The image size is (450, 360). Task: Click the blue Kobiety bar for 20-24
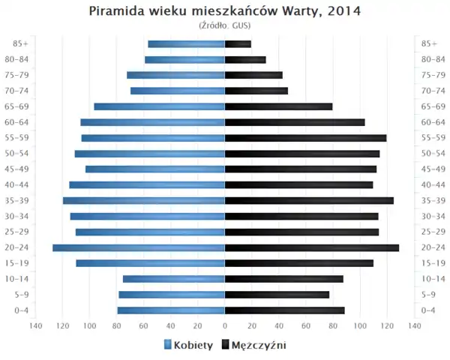139,247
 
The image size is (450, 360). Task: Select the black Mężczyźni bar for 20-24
311,247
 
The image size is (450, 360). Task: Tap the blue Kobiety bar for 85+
186,44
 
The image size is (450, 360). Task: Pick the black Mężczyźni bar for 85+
238,44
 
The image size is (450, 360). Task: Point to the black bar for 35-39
309,200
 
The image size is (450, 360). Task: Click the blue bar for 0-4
171,310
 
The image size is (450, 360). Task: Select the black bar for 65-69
278,106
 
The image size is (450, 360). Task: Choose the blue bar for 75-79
176,75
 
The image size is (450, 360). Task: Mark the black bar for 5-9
277,295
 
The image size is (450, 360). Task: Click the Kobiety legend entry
187,345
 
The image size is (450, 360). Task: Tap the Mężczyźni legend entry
253,345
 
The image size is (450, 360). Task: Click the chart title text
224,11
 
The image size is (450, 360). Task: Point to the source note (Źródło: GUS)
224,25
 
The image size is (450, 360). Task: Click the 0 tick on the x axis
225,325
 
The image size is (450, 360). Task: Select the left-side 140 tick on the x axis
35,325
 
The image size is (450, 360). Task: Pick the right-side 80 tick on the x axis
333,325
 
